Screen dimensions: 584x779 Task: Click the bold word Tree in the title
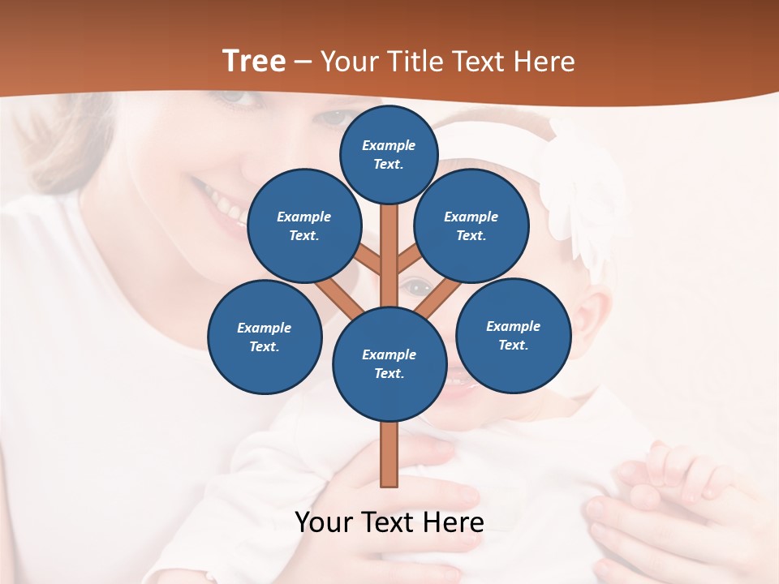pos(254,62)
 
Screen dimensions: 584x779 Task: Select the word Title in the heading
pos(415,62)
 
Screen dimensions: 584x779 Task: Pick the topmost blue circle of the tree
pos(389,154)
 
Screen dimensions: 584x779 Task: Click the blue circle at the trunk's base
pos(389,364)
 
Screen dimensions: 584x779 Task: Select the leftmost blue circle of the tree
pos(265,337)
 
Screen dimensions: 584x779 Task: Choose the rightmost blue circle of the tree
pos(513,336)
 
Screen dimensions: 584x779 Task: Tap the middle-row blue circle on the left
pos(304,226)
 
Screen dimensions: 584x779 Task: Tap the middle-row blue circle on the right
pos(471,226)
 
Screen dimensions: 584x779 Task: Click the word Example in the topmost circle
pos(389,146)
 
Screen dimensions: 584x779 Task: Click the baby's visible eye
pos(418,286)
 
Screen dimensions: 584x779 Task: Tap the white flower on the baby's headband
pos(580,195)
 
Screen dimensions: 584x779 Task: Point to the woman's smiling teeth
pos(226,204)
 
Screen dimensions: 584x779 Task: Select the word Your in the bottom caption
pos(325,522)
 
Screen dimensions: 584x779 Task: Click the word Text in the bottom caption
pos(389,522)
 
